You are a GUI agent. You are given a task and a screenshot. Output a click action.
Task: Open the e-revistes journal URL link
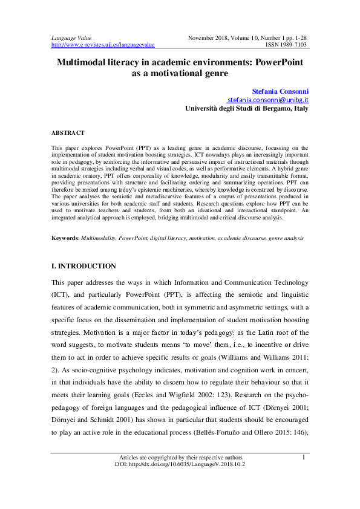(x=103, y=45)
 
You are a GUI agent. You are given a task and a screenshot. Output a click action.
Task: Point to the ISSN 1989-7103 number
(x=287, y=45)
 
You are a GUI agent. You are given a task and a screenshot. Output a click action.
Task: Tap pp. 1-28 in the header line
(x=296, y=37)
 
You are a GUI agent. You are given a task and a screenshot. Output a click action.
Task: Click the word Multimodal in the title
(x=83, y=62)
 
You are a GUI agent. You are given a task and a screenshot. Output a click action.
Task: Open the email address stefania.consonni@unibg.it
(x=268, y=100)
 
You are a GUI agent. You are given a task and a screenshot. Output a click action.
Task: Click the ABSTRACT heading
(x=68, y=132)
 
